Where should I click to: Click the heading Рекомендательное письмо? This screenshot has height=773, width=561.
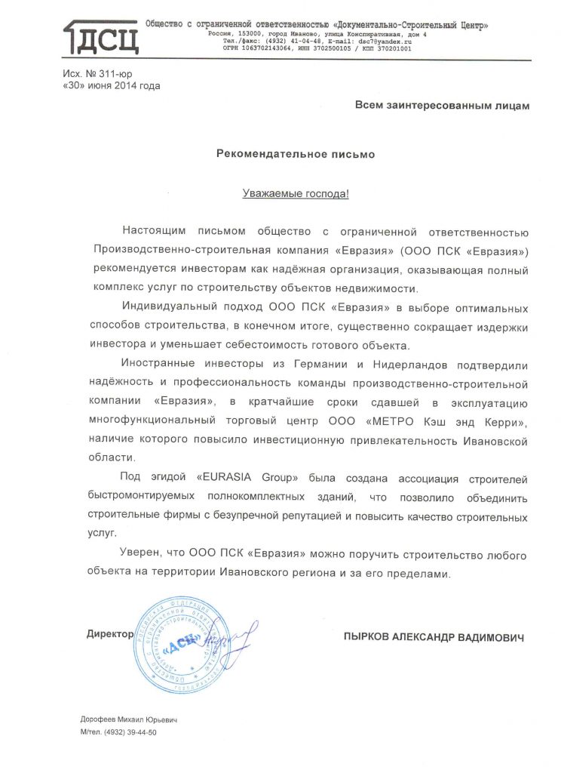296,153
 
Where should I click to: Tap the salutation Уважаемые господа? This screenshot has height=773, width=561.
296,193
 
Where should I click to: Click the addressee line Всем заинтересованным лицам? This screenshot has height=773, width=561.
442,106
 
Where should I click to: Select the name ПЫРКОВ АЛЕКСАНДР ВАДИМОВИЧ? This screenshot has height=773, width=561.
433,638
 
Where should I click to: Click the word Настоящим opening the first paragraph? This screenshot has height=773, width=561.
153,231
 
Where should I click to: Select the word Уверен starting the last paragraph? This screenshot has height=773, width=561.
140,556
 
